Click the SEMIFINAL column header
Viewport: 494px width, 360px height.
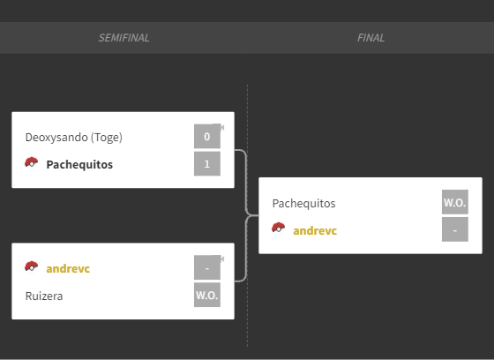123,38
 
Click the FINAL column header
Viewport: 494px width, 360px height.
370,38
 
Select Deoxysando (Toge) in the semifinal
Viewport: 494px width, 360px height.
74,138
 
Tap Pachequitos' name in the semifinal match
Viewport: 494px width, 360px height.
79,164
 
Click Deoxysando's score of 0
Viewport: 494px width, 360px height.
207,136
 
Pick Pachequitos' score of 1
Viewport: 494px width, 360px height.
207,163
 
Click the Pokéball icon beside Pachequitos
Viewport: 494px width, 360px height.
31,162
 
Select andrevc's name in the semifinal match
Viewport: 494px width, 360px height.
68,268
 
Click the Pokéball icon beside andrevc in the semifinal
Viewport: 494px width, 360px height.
31,266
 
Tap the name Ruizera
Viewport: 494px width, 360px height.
44,296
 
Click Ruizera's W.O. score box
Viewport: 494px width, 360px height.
207,295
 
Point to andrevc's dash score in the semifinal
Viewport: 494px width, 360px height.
207,267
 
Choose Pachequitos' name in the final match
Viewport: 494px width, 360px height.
303,204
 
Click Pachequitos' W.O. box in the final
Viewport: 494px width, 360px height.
455,202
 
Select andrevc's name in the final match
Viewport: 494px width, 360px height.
315,231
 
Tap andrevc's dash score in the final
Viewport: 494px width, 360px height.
455,229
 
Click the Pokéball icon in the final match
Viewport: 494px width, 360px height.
278,228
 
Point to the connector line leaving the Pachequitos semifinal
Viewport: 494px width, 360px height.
246,183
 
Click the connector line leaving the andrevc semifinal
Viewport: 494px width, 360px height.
246,249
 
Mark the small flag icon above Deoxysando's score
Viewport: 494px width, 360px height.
221,127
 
